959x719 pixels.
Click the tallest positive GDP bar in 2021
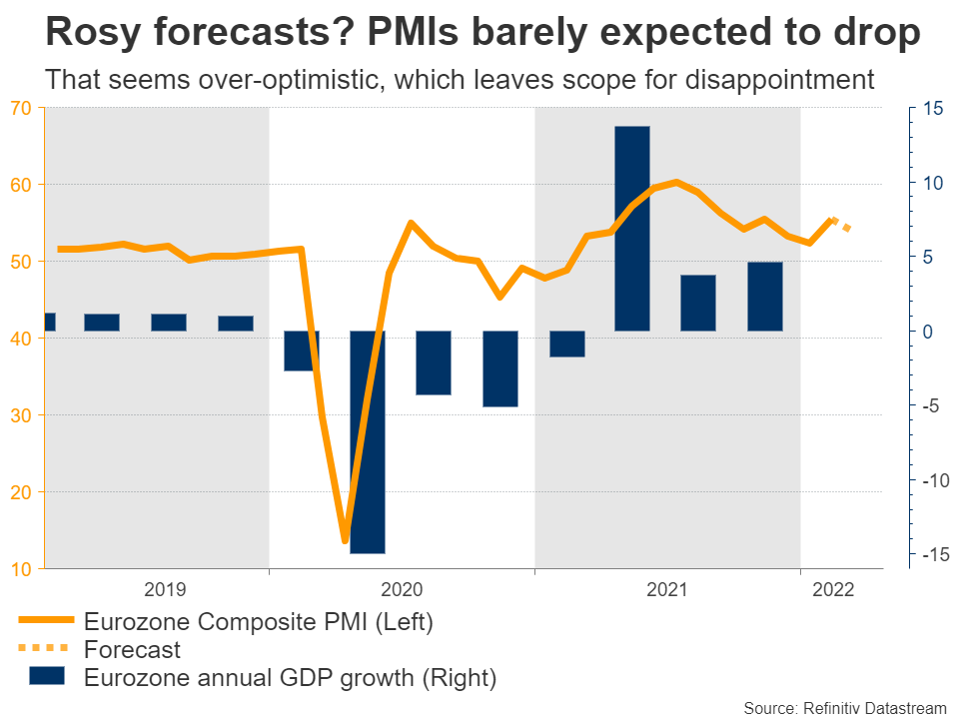[x=632, y=229]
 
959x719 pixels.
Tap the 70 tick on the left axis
[x=21, y=108]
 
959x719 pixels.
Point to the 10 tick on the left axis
[x=21, y=569]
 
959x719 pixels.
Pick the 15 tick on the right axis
[x=933, y=109]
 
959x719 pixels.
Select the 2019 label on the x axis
[x=166, y=589]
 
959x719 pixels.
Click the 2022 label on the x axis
[x=834, y=589]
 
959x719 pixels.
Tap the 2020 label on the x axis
[x=403, y=589]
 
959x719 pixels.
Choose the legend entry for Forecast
[x=133, y=650]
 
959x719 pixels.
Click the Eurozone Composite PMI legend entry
[x=259, y=622]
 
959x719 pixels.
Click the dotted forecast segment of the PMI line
[x=841, y=225]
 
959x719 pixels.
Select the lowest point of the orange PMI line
[x=346, y=540]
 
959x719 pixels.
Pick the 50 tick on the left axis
[x=21, y=262]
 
